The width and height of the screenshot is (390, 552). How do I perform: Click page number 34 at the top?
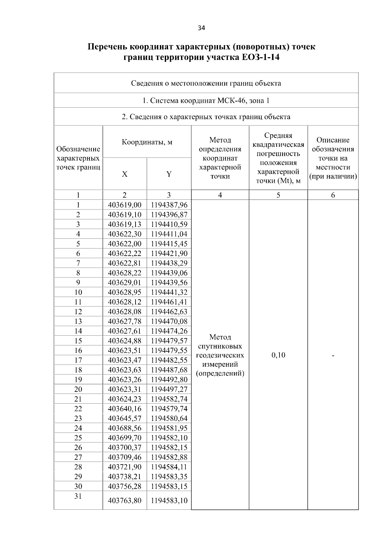201,28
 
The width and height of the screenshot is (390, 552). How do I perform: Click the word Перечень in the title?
108,47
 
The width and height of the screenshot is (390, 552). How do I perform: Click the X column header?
124,174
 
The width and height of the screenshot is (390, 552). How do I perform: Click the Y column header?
169,174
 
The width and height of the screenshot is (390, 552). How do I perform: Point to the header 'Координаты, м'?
147,142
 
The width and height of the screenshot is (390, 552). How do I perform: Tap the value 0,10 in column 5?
278,355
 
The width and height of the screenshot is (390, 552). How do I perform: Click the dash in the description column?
333,356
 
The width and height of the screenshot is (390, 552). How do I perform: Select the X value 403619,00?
124,205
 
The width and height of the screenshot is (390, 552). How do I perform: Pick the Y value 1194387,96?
169,205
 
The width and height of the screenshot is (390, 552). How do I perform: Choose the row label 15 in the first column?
78,341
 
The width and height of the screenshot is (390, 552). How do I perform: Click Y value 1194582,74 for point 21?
169,399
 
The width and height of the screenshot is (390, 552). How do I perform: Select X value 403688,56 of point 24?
124,428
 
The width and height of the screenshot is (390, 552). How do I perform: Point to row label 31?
78,496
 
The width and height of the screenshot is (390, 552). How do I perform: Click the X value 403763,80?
124,500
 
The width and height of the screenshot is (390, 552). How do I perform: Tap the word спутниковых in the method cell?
220,346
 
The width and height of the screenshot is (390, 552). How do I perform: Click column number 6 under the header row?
333,195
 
